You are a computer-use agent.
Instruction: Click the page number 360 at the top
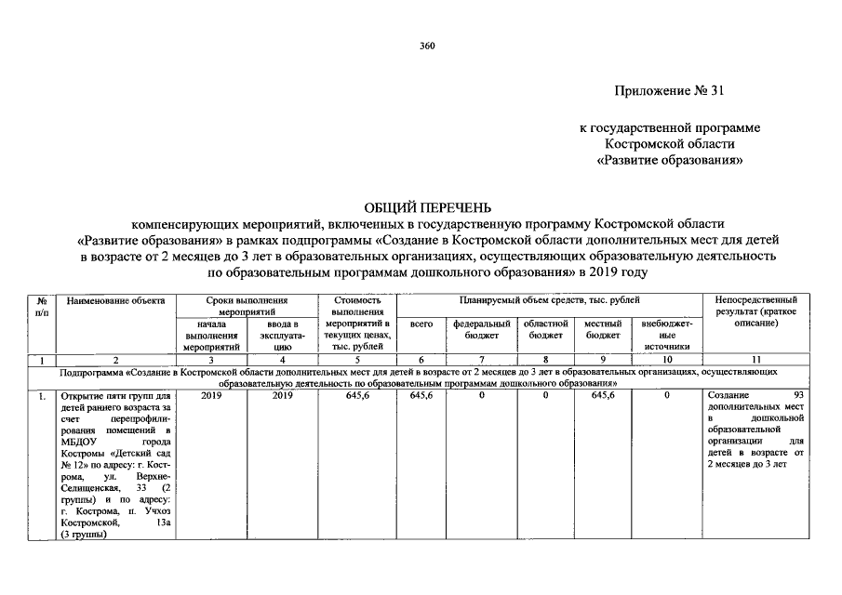coord(428,46)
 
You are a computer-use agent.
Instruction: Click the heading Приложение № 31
coord(668,91)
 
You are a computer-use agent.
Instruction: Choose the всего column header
coord(421,324)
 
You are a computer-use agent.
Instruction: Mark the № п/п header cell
coord(42,306)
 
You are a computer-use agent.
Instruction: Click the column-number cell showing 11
coord(755,359)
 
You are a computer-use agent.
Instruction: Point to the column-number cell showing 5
coord(357,359)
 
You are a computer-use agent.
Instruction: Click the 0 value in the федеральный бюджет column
coord(481,396)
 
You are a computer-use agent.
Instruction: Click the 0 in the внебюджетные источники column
coord(667,396)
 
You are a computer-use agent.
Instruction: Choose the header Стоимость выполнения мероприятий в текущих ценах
coord(357,324)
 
